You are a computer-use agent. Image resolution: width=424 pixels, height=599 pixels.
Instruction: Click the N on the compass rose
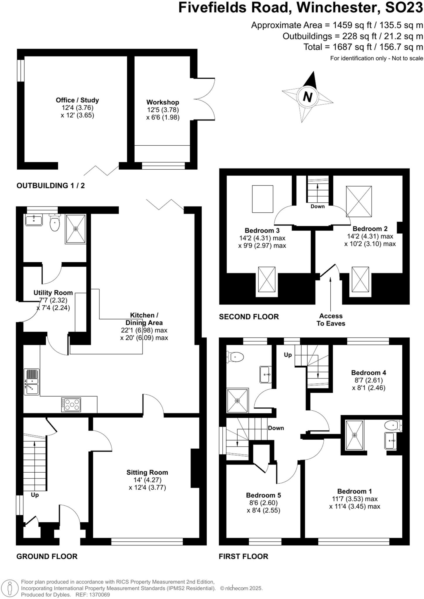307,97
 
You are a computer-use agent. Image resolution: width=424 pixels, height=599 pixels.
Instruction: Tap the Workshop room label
163,102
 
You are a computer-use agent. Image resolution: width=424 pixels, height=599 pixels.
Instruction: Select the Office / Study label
77,100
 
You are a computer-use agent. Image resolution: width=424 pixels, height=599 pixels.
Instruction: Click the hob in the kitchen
71,405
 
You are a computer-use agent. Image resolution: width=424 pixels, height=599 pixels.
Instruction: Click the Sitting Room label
147,472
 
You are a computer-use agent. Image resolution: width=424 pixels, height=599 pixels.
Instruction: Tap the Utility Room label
53,293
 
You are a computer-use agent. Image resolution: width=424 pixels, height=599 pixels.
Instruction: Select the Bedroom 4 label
368,373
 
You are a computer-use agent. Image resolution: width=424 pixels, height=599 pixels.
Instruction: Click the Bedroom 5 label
263,495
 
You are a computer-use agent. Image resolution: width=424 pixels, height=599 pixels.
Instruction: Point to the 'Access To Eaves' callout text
331,320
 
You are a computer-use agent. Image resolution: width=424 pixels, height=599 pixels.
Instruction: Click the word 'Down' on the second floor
317,206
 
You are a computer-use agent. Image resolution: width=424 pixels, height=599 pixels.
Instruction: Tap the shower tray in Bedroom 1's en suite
355,435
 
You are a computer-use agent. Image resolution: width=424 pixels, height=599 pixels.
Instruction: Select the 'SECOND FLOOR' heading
249,317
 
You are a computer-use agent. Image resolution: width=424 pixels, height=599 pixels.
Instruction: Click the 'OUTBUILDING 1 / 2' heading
51,186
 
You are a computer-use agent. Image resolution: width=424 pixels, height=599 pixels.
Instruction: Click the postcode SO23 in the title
404,8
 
